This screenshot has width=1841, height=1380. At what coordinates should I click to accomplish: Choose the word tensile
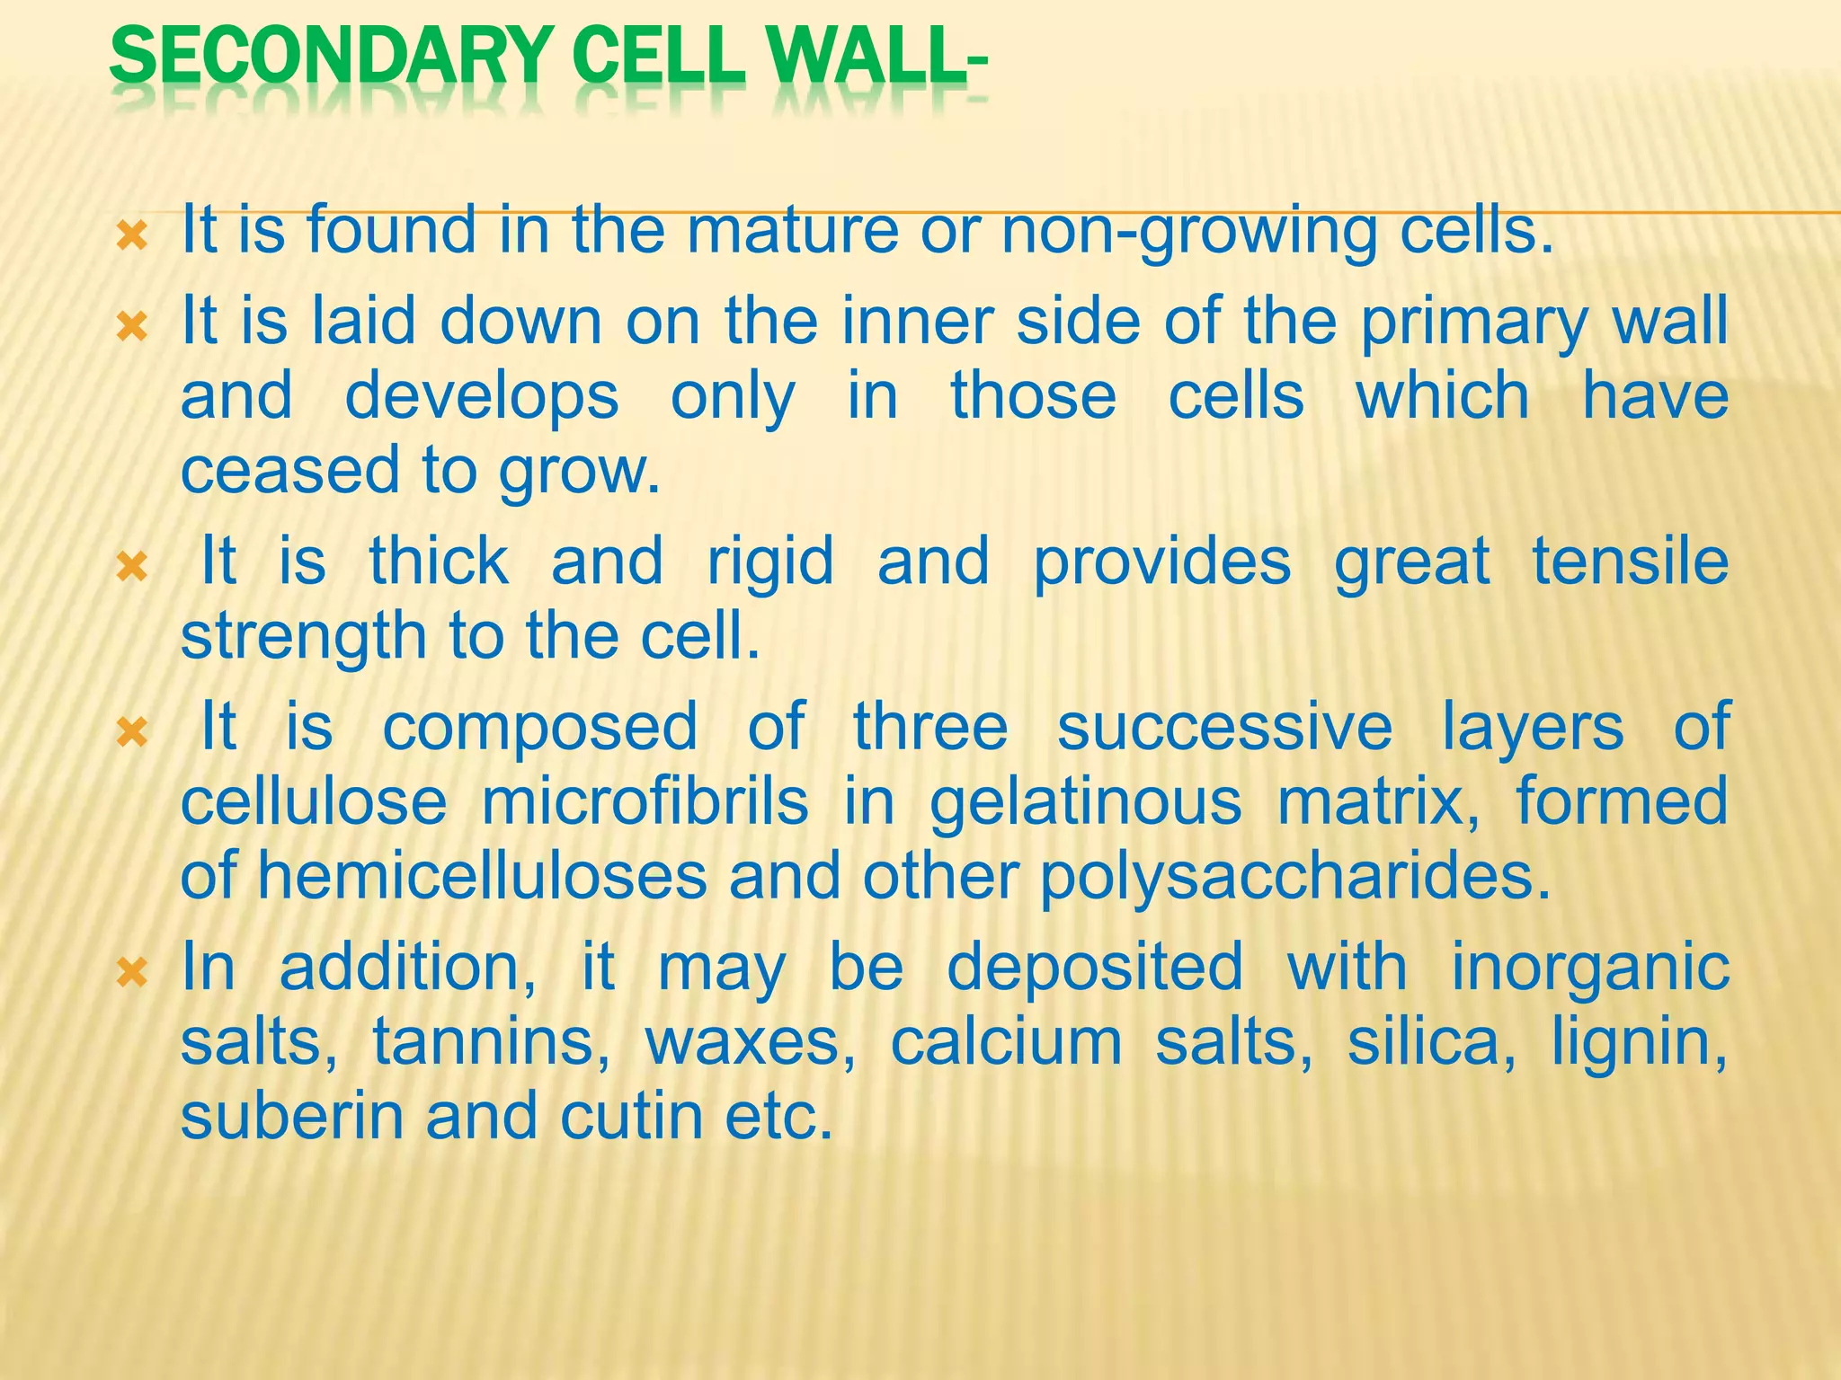(x=1630, y=561)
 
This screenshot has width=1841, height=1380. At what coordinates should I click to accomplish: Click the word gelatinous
(x=1085, y=803)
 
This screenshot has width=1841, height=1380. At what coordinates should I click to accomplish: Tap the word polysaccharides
(x=1295, y=878)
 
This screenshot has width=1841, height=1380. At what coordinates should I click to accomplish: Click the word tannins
(x=491, y=1042)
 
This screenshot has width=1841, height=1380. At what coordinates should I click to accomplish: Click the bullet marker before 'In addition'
(x=132, y=971)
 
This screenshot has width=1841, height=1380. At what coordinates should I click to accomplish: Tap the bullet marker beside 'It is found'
(x=132, y=237)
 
